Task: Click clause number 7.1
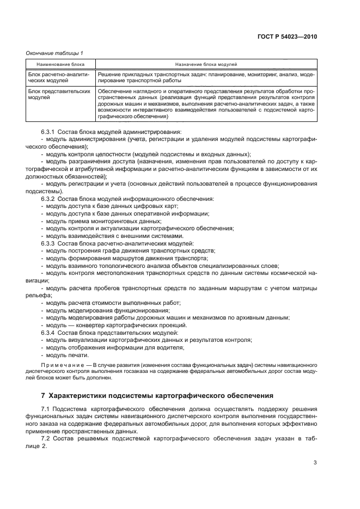(x=45, y=408)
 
